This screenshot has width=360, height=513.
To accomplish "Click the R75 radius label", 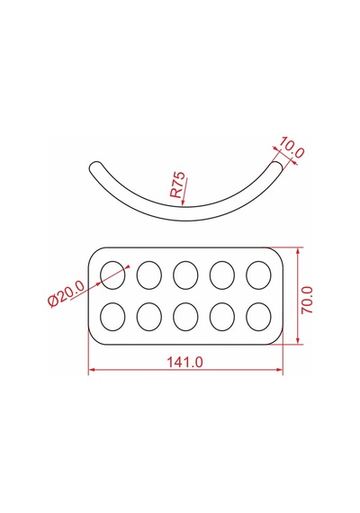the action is pos(177,184).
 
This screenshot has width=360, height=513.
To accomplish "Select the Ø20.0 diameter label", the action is pos(66,293).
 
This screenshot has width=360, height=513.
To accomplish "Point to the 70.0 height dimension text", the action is pos(307,300).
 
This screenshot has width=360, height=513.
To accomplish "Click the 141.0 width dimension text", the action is pos(184,362).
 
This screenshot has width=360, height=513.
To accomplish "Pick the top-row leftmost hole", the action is pos(112,275).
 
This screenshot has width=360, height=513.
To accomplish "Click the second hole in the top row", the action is pos(149,275).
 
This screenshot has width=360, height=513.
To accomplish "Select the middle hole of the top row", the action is pos(185,275).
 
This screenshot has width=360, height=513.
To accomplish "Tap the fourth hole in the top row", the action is pos(222,275).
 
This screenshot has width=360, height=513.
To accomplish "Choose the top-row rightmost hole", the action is pos(258,275).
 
